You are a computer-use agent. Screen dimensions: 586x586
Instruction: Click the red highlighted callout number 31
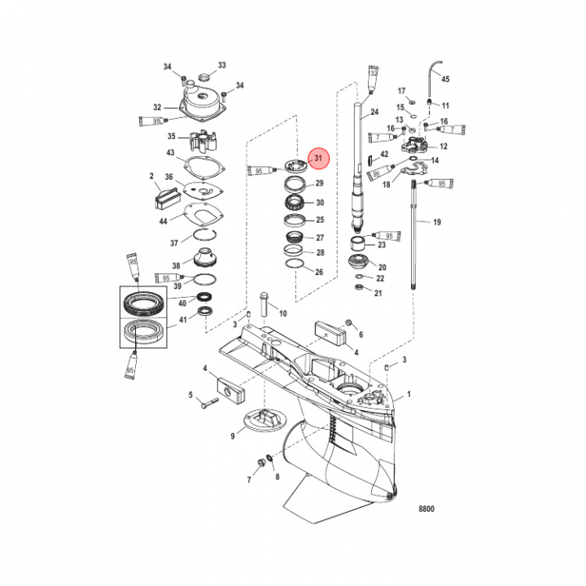pos(318,157)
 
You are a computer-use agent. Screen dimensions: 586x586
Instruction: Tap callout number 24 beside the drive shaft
pos(374,112)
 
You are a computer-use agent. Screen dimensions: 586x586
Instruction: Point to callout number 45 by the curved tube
pos(444,80)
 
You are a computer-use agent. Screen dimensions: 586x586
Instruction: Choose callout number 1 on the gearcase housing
pos(409,395)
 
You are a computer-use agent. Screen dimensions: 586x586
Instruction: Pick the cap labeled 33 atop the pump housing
pos(202,78)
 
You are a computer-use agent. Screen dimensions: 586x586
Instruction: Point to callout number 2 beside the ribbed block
pos(151,176)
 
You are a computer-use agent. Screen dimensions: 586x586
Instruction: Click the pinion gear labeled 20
pos(356,263)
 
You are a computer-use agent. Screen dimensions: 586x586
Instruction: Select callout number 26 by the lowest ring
pos(319,272)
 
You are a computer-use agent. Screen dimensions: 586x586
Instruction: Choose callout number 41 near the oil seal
pos(182,320)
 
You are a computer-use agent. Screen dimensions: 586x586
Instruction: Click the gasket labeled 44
pos(200,215)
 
